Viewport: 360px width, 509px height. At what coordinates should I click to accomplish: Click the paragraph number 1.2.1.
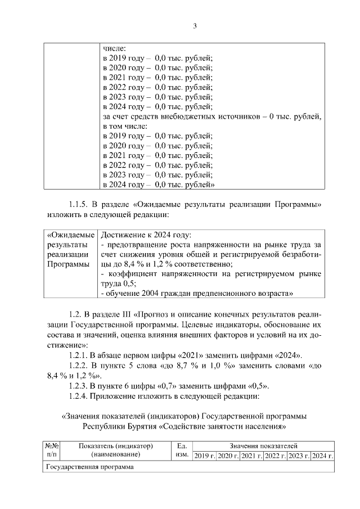pos(80,356)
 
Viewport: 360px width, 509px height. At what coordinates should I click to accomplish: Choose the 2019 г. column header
pos(204,455)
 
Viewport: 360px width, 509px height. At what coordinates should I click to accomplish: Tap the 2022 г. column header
pos(275,455)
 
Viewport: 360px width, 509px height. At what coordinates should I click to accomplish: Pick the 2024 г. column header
pos(323,455)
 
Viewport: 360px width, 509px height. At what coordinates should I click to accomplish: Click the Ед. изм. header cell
pos(181,450)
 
